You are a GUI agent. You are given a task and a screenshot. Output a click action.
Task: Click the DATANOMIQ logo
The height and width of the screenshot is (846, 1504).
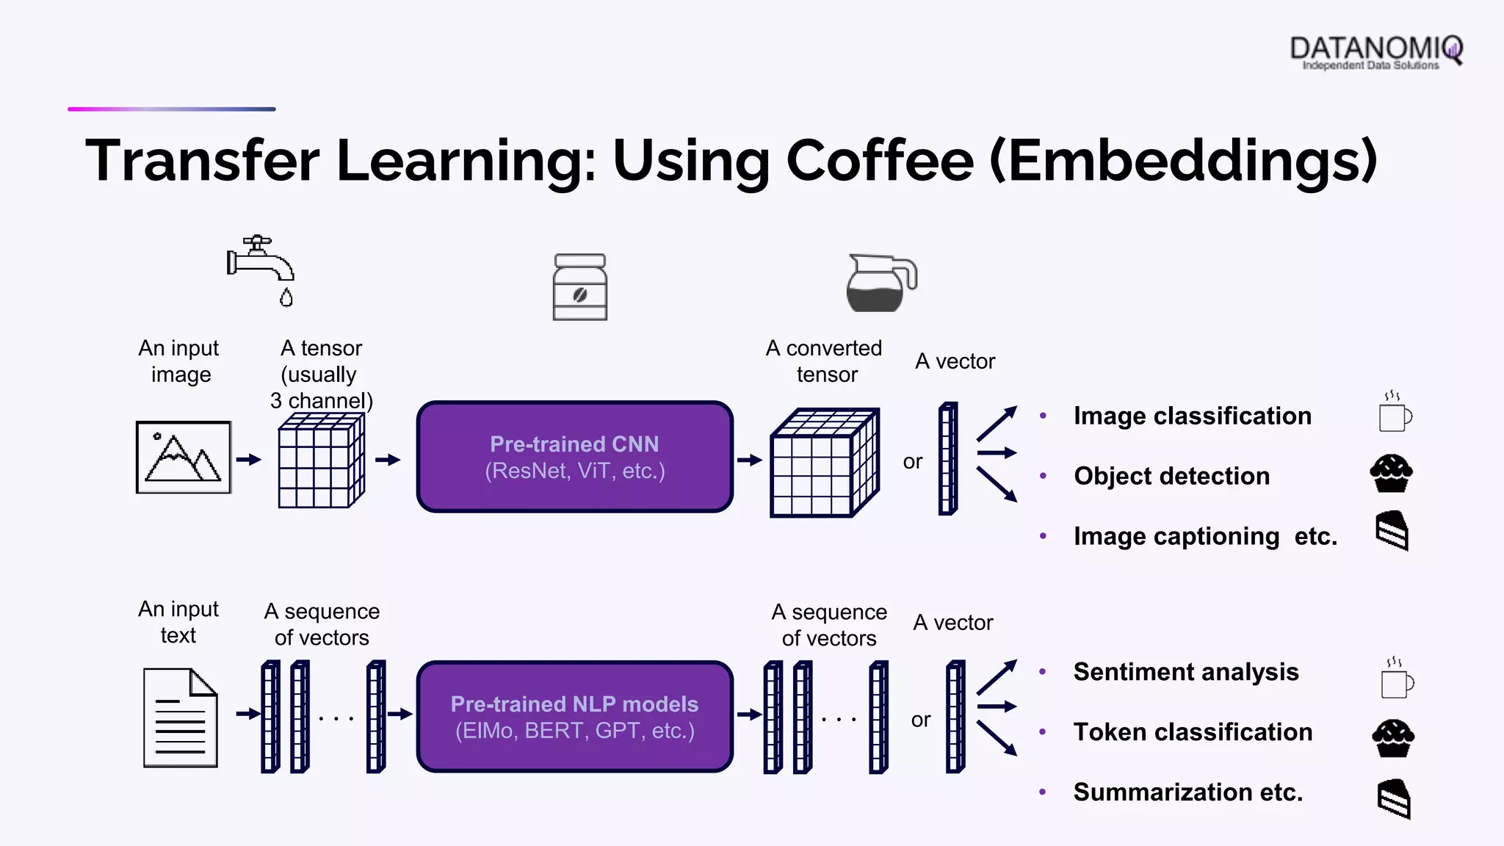[x=1375, y=51]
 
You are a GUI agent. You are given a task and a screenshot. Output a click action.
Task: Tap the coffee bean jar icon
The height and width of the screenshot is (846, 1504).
[x=579, y=287]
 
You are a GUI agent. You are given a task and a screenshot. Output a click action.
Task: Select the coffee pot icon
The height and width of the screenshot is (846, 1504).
[x=880, y=283]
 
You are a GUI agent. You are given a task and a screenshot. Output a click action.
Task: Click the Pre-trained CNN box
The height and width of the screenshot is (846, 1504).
[x=574, y=457]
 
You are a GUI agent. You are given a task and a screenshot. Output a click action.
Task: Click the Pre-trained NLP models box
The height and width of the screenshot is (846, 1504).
[x=574, y=717]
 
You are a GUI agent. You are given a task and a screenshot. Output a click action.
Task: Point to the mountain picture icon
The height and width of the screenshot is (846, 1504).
[x=184, y=458]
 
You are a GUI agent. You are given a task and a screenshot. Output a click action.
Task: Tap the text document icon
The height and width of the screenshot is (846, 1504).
[x=180, y=717]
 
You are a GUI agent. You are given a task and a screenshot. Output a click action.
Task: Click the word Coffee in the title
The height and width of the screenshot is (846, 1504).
[x=880, y=161]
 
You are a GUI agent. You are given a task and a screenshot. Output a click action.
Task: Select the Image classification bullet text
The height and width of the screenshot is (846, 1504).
[x=1192, y=416]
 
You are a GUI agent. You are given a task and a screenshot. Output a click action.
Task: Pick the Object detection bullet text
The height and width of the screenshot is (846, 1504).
[x=1171, y=477]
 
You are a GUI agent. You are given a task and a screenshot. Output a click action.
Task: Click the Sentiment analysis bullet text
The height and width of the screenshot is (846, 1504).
[x=1185, y=672]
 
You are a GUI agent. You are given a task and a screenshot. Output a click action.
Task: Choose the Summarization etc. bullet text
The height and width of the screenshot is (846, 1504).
[x=1187, y=792]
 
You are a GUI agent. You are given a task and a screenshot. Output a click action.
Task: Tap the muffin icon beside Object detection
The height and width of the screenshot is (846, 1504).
[x=1391, y=474]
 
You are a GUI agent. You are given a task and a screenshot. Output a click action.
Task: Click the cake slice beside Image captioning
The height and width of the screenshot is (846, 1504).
[x=1392, y=531]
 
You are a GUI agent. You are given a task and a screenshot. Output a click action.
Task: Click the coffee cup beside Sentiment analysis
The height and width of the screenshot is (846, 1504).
[x=1396, y=679]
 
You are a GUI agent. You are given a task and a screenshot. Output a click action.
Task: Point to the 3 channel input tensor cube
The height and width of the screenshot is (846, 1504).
[x=321, y=461]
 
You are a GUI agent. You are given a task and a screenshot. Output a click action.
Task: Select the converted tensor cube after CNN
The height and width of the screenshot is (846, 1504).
[x=824, y=463]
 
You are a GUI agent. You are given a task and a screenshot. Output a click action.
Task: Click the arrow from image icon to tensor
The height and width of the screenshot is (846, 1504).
[x=248, y=460]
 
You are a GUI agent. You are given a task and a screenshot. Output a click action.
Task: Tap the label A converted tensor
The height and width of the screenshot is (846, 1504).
[x=824, y=361]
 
